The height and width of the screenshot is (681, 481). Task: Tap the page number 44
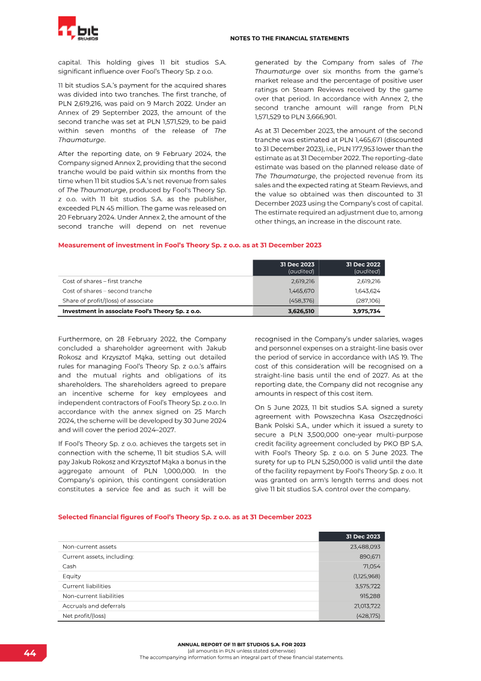pos(30,653)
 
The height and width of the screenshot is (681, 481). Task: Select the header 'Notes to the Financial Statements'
pos(289,39)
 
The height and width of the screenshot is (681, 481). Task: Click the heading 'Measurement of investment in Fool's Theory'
pos(189,245)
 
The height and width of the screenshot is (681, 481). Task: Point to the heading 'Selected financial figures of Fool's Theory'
pos(185,517)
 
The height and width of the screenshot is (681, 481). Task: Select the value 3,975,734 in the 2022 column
pos(367,311)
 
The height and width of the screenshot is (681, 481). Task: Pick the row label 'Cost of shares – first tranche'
pos(102,281)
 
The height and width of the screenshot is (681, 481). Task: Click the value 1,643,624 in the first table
pos(368,290)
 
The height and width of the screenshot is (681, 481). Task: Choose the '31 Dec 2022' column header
pos(363,264)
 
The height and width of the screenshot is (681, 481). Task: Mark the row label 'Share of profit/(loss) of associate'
pos(108,300)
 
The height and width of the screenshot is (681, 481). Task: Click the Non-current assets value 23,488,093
pos(365,547)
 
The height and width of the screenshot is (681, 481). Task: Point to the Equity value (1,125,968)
pos(367,576)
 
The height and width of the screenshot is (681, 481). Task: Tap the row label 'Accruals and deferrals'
pos(94,606)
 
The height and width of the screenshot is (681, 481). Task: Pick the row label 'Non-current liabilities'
pos(93,595)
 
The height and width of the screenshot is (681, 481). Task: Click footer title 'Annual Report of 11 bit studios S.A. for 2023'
pos(241,644)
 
